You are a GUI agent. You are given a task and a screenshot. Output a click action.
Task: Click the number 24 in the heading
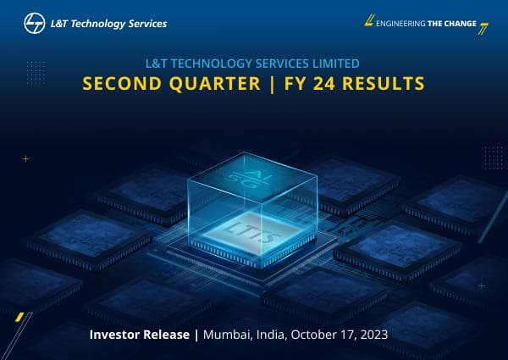339,85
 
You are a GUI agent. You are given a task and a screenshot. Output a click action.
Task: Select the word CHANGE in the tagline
459,23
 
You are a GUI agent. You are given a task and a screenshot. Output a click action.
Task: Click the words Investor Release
141,335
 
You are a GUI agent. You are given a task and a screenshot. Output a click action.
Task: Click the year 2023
373,335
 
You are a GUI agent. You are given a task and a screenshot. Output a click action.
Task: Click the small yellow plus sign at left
26,158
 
